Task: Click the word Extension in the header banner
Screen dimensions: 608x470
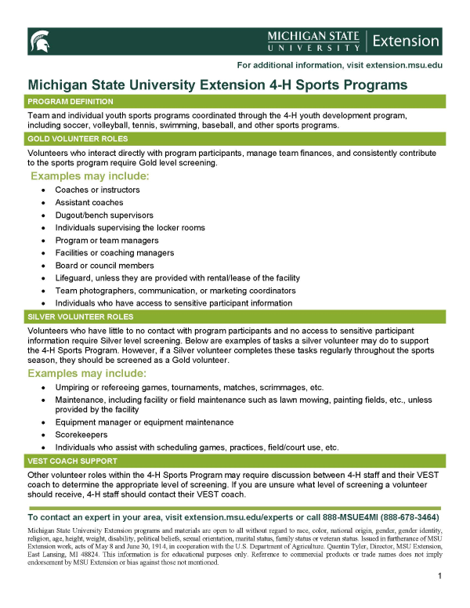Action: [407, 41]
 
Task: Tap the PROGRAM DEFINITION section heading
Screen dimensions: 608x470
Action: [70, 102]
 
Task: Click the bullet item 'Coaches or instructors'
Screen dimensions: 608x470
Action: [97, 190]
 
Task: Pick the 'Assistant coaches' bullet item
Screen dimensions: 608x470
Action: [88, 202]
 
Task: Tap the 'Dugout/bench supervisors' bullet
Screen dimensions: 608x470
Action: [103, 215]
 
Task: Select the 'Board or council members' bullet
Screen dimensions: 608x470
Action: [103, 265]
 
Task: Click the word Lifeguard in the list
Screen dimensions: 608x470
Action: [75, 277]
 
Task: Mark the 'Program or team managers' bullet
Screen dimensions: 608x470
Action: [103, 240]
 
